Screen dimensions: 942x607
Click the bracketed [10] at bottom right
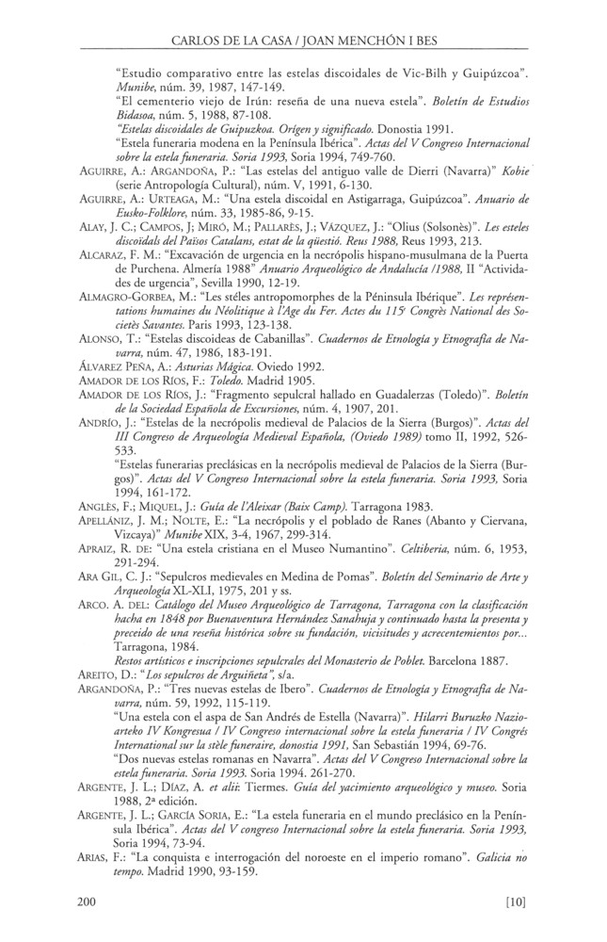[x=516, y=904]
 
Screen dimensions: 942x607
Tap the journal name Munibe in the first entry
[x=133, y=86]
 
